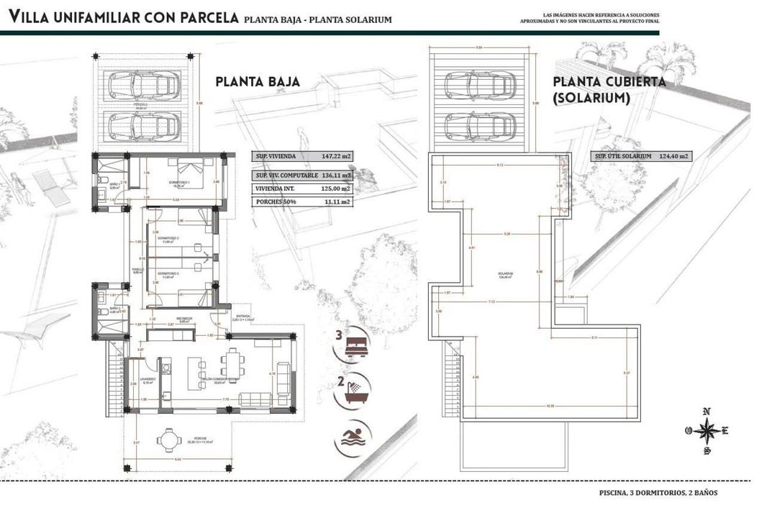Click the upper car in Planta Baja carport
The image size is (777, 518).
point(143,85)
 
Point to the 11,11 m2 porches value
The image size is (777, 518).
point(337,202)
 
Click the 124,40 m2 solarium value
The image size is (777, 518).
point(673,156)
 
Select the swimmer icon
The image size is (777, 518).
point(353,437)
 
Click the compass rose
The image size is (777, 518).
point(706,430)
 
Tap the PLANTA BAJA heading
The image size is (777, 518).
point(257,82)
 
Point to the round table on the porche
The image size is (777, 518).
point(169,440)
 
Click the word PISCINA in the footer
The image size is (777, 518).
point(614,493)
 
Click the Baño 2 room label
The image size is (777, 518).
point(103,312)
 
